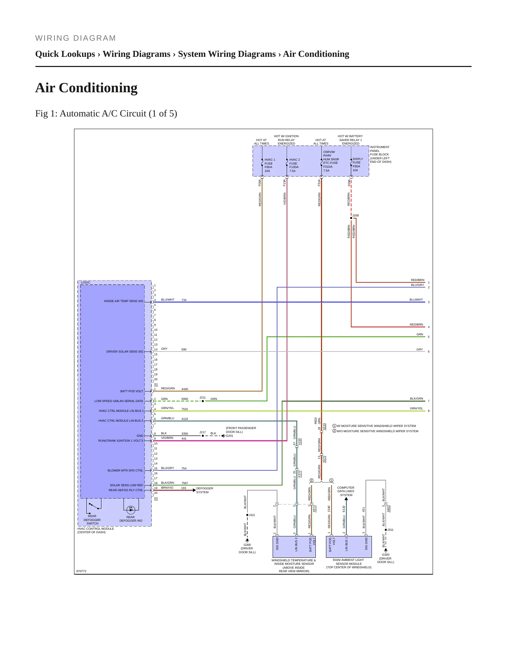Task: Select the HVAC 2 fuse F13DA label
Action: pos(294,165)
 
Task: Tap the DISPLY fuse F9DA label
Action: pos(358,165)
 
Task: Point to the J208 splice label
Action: pos(355,215)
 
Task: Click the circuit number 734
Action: pos(184,300)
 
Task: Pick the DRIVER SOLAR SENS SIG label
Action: pos(125,352)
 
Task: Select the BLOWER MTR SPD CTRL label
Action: pos(125,470)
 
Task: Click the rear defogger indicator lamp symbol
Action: pos(131,509)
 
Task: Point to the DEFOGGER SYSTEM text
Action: pos(205,490)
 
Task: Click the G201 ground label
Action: pos(229,436)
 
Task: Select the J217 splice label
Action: pos(202,432)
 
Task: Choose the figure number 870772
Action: pos(81,571)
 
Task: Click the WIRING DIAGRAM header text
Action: pos(75,38)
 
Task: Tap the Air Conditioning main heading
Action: pos(86,88)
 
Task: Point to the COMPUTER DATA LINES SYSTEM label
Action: pos(346,491)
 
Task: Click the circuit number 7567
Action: pos(185,483)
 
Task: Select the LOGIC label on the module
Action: pos(86,282)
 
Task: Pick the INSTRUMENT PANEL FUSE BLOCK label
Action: pos(380,154)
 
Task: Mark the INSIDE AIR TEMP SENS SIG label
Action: pos(124,301)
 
